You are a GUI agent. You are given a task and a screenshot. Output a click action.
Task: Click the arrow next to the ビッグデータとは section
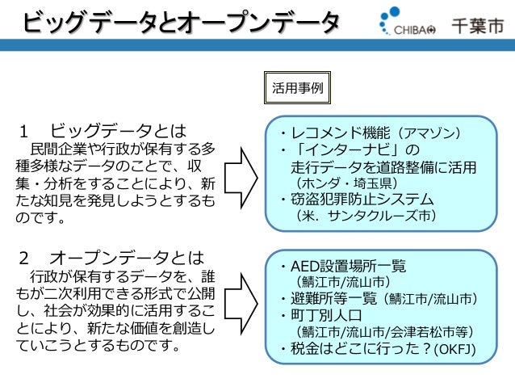[241, 174]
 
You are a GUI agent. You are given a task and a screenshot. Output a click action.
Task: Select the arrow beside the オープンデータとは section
[241, 303]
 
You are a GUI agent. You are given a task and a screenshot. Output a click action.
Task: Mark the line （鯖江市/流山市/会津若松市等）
[383, 332]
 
